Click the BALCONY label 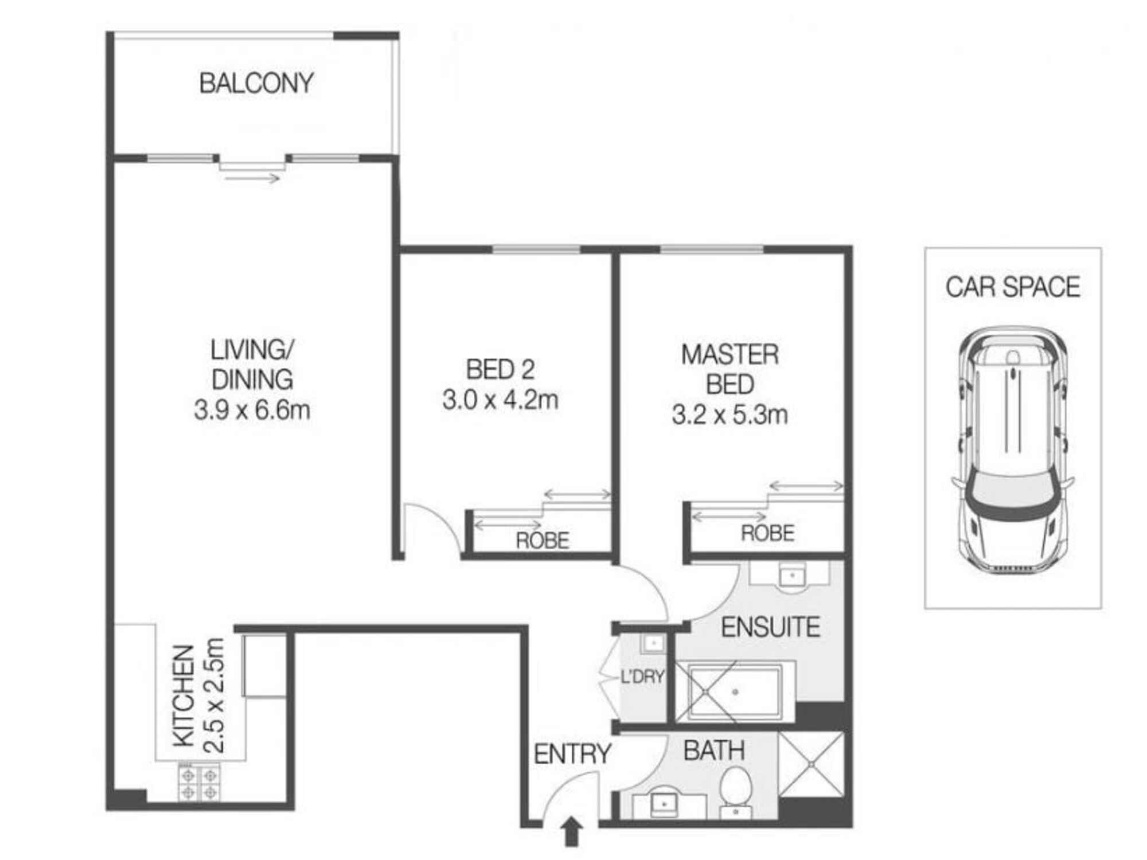coord(256,84)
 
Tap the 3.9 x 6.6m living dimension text coord(252,411)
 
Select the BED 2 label coord(500,370)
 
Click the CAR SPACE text coord(1012,287)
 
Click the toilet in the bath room coord(736,785)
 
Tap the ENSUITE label coord(770,628)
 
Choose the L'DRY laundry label coord(642,677)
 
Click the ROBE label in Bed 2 coord(542,541)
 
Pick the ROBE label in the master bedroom coord(767,534)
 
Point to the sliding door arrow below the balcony coord(252,179)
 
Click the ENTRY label coord(572,754)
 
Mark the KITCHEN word coord(184,696)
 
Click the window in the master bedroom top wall coord(711,249)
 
